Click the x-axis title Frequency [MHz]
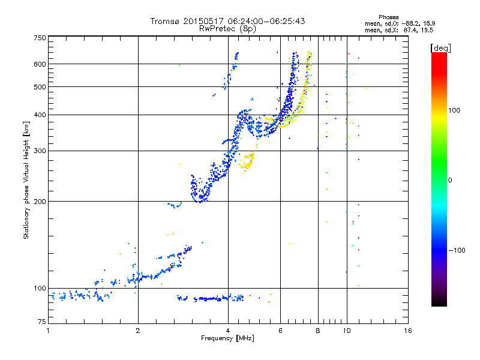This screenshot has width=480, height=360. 228,339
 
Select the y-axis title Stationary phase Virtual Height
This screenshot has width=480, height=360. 26,180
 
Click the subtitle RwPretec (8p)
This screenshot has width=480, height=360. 228,28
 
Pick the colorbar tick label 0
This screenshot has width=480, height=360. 450,180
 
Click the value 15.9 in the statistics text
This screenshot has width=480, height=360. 424,23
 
